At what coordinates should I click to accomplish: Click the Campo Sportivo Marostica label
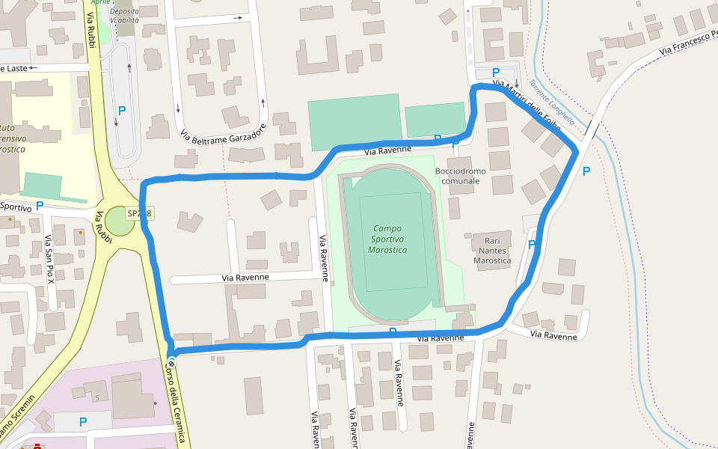[387, 239]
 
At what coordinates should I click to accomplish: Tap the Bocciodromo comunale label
[460, 176]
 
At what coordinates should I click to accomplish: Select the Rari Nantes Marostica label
[492, 250]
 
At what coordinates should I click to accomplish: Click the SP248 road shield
[140, 213]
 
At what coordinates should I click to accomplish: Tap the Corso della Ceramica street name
[175, 404]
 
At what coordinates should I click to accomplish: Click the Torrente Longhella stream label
[552, 102]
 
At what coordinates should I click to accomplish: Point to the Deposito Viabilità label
[124, 16]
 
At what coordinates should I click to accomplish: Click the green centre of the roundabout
[119, 221]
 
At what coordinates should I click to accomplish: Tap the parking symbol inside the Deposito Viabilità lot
[122, 110]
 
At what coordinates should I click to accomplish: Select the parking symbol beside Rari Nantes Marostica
[532, 244]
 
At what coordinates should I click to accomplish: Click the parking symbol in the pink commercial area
[83, 422]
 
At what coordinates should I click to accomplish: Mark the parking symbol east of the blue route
[586, 171]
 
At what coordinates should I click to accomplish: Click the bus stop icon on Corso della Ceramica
[172, 364]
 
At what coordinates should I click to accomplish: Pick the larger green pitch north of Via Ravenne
[354, 122]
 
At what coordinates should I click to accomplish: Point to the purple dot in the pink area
[156, 403]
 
